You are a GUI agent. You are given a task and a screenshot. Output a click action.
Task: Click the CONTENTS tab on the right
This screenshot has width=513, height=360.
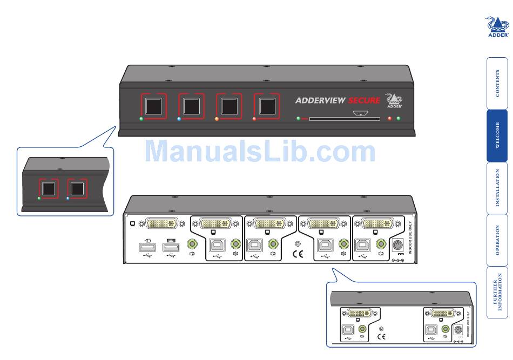pyautogui.click(x=497, y=83)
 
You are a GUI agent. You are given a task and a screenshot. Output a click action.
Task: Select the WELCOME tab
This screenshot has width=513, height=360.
pyautogui.click(x=497, y=135)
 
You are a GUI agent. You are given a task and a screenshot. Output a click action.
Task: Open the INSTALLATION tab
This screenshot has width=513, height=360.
pyautogui.click(x=497, y=188)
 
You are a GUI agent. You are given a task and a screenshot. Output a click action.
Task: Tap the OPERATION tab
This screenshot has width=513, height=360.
pyautogui.click(x=497, y=240)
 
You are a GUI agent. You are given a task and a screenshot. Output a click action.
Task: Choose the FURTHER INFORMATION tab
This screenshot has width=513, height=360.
pyautogui.click(x=497, y=292)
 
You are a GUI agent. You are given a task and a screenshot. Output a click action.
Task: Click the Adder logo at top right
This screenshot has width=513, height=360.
pyautogui.click(x=497, y=26)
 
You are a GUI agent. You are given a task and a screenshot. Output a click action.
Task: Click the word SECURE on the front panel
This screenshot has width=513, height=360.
pyautogui.click(x=364, y=100)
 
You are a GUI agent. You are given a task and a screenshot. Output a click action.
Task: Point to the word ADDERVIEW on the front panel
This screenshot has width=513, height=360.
pyautogui.click(x=320, y=100)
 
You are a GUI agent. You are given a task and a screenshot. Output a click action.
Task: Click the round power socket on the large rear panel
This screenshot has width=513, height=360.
pyautogui.click(x=399, y=245)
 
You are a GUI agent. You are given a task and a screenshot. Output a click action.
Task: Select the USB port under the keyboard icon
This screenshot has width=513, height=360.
pyautogui.click(x=171, y=247)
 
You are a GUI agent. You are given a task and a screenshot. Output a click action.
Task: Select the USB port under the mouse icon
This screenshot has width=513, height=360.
pyautogui.click(x=147, y=247)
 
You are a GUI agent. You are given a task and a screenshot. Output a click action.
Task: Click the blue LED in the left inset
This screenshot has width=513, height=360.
pyautogui.click(x=67, y=199)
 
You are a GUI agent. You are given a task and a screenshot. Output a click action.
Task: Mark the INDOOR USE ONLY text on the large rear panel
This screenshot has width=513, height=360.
pyautogui.click(x=410, y=243)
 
